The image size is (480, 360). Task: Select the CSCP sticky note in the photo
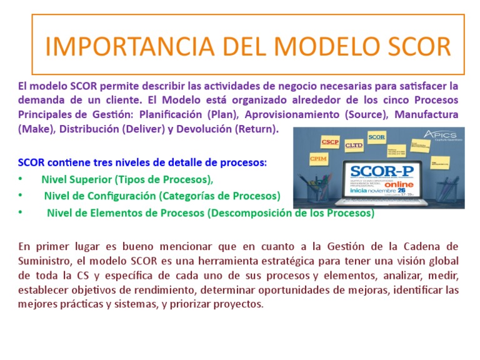pos(330,142)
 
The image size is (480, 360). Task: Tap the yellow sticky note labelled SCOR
pos(377,136)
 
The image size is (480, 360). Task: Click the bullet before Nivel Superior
pos(21,179)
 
